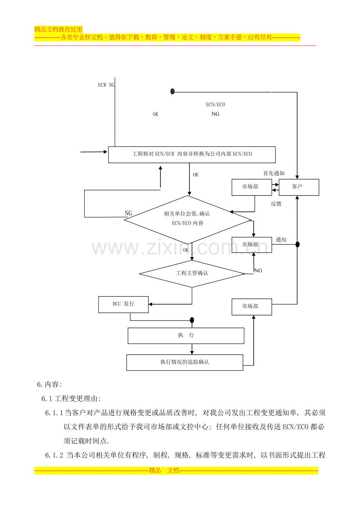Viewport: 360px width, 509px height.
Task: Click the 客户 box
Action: tap(299, 187)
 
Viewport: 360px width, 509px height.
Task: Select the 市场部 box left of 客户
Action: tap(252, 187)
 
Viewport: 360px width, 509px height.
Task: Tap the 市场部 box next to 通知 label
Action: tap(252, 245)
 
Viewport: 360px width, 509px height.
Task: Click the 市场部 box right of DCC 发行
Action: tap(252, 306)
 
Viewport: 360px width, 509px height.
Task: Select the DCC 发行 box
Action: tap(123, 304)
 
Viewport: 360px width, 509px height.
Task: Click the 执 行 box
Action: tap(186, 335)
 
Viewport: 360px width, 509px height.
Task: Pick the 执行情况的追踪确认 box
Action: tap(185, 362)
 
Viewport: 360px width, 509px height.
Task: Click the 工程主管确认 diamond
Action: tap(192, 273)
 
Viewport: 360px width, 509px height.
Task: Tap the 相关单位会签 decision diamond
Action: tap(188, 219)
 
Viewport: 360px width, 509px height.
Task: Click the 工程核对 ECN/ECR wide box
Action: tap(192, 154)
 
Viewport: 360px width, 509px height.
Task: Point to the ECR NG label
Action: tap(106, 85)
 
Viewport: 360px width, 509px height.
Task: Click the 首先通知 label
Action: tap(274, 173)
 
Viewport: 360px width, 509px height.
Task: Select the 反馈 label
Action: tap(276, 204)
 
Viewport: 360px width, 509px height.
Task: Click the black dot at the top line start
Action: tap(172, 91)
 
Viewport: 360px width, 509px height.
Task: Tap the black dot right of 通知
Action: tap(297, 244)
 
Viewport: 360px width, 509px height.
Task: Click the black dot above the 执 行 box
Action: tap(192, 320)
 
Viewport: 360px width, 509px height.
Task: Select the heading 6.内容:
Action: tap(49, 384)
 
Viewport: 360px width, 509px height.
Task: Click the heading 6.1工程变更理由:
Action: tap(71, 399)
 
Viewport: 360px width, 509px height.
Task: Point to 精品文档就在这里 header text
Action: tap(59, 29)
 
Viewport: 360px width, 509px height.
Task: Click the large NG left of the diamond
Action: tap(128, 213)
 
